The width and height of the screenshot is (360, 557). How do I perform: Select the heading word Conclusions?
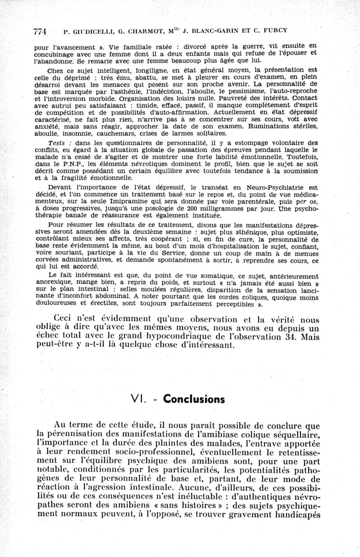(193, 399)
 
